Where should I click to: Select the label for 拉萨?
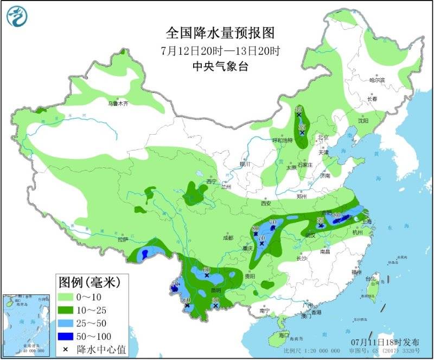tap(123, 239)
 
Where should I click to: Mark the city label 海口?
tap(283, 336)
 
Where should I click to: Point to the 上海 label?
tap(367, 221)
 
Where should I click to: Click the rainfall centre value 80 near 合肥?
tap(337, 216)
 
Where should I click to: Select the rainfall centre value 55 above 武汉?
tap(320, 220)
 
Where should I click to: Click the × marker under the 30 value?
tap(215, 306)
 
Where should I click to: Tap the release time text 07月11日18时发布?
tap(385, 343)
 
